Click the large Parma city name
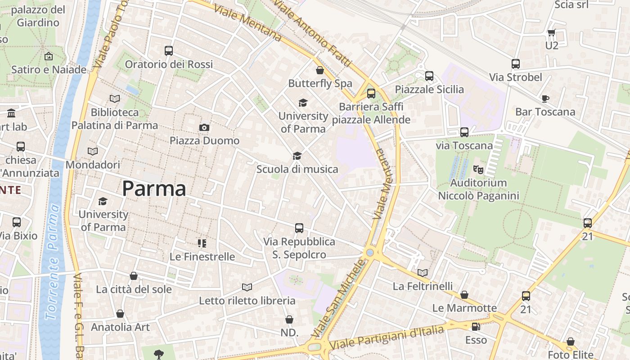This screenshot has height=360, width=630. pyautogui.click(x=154, y=189)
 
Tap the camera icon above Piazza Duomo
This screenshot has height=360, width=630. pyautogui.click(x=204, y=128)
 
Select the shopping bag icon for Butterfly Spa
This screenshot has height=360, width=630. pyautogui.click(x=320, y=70)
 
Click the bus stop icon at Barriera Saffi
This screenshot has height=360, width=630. pyautogui.click(x=371, y=94)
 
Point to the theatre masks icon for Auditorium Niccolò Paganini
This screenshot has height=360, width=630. pyautogui.click(x=478, y=170)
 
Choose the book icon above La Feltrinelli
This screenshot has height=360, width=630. pyautogui.click(x=422, y=273)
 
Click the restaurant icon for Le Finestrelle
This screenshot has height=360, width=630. pyautogui.click(x=202, y=243)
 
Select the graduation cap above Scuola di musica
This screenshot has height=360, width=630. pyautogui.click(x=297, y=156)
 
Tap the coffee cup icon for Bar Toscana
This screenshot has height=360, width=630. pyautogui.click(x=545, y=99)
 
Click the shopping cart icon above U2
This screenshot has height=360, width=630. pyautogui.click(x=551, y=32)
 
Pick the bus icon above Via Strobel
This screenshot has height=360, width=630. pyautogui.click(x=516, y=64)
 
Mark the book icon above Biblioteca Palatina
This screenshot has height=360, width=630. pyautogui.click(x=115, y=99)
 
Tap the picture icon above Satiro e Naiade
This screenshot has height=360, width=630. pyautogui.click(x=49, y=56)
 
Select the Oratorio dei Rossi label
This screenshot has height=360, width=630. pyautogui.click(x=169, y=64)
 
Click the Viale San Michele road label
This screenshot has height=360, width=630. pyautogui.click(x=339, y=299)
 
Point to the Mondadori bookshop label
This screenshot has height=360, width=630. pyautogui.click(x=93, y=165)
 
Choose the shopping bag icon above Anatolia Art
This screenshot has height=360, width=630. pyautogui.click(x=120, y=314)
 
